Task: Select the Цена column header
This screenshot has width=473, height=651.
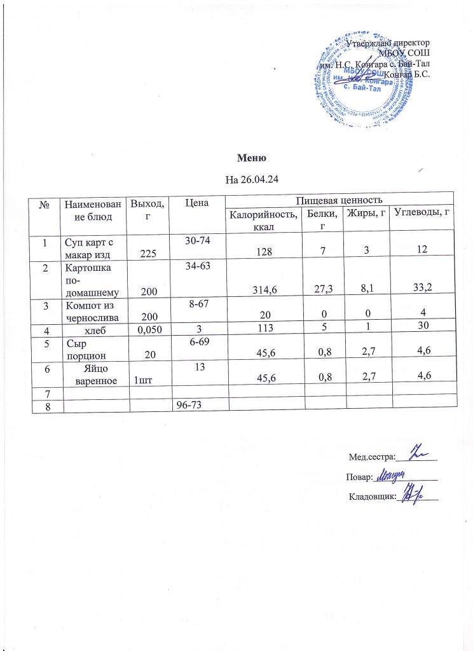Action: tap(196, 203)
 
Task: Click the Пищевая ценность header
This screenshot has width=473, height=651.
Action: tap(340, 200)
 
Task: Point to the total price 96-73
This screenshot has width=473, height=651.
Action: tap(196, 405)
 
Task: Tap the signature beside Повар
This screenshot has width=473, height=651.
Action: tap(396, 474)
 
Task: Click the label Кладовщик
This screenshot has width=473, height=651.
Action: tap(373, 495)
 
